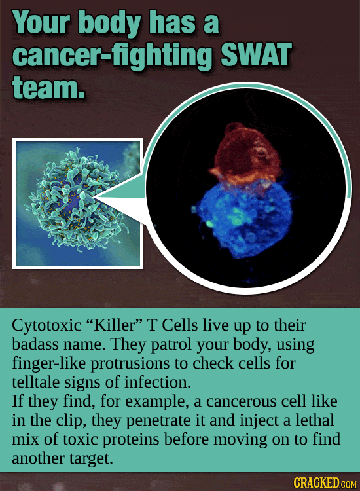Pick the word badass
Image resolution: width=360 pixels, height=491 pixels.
tap(36, 343)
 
